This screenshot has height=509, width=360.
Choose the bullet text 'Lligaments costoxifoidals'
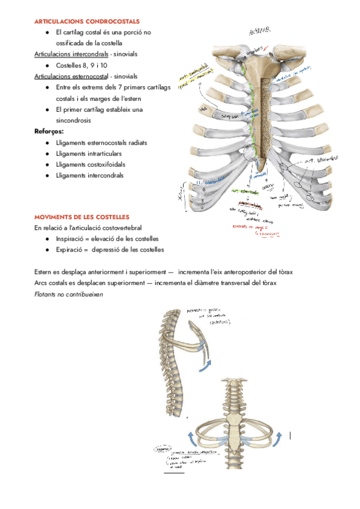tap(95, 164)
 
